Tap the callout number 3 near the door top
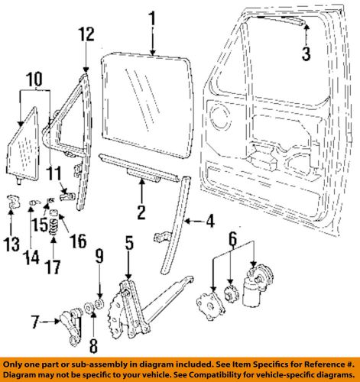pos(305,53)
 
